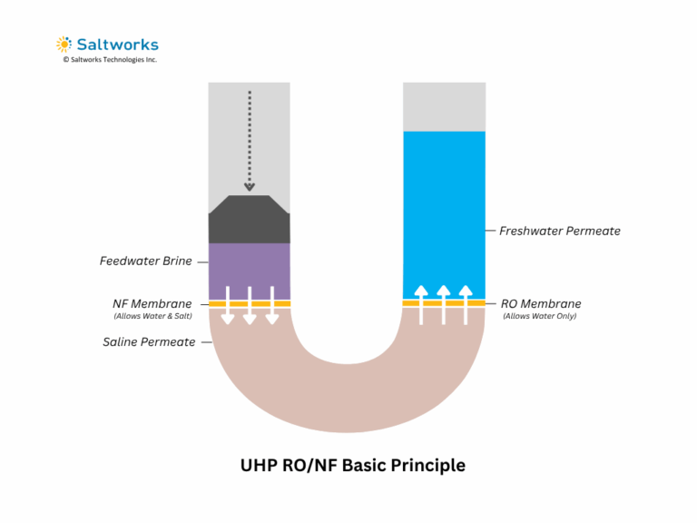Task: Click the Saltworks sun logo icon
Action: point(64,44)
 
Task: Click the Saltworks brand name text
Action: point(117,44)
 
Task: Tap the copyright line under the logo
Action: point(110,60)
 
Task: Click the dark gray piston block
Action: point(249,220)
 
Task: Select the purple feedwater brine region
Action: point(249,270)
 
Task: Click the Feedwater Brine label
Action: point(145,261)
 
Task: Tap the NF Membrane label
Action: point(152,303)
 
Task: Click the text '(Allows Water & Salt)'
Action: point(152,316)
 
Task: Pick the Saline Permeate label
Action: point(149,341)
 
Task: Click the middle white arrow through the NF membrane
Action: point(250,305)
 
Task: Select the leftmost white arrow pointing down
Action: point(228,305)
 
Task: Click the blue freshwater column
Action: point(444,209)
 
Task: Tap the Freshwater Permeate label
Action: point(559,231)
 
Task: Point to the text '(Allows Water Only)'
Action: point(539,316)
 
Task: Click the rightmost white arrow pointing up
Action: point(466,304)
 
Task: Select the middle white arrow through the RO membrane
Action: point(444,304)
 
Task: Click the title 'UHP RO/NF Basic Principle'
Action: point(352,465)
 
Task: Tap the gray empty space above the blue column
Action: point(444,106)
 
